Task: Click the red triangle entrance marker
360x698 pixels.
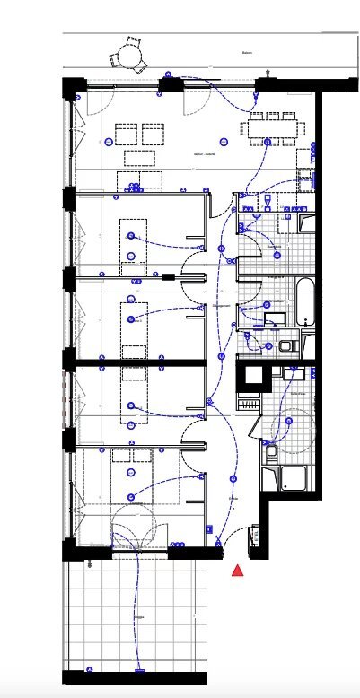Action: [x=238, y=570]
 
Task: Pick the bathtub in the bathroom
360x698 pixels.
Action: [x=305, y=301]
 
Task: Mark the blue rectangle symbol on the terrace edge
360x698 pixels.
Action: [x=139, y=669]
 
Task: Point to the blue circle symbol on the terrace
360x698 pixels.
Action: [x=90, y=667]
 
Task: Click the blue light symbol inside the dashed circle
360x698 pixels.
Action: [x=289, y=422]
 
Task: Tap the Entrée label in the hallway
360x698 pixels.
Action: [x=233, y=499]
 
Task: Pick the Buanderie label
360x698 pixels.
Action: [x=275, y=246]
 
